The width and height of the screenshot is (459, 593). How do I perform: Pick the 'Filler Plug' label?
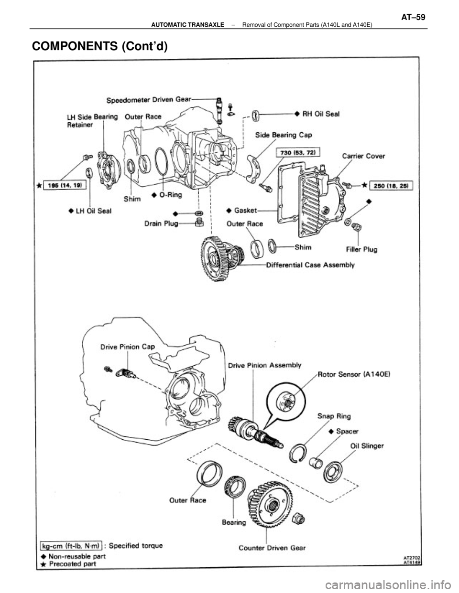pyautogui.click(x=362, y=249)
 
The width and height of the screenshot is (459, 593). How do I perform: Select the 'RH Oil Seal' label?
pyautogui.click(x=320, y=114)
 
